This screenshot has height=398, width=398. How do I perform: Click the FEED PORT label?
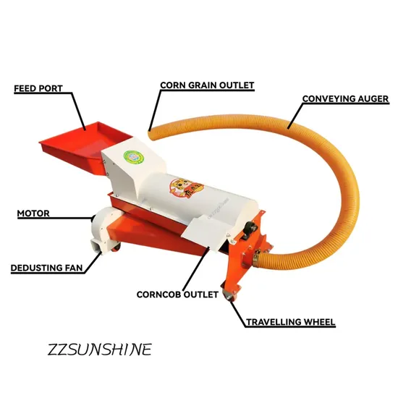click(x=38, y=88)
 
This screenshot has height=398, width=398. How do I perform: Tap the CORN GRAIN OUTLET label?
click(x=207, y=85)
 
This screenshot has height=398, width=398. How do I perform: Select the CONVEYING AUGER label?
click(x=345, y=98)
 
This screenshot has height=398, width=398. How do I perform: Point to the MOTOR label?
click(x=33, y=213)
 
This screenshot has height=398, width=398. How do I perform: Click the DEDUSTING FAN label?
click(x=47, y=268)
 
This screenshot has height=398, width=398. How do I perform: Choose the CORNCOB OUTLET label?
click(x=177, y=295)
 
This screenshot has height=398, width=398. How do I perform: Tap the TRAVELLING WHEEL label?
click(x=291, y=322)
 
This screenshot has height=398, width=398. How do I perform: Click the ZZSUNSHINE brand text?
click(x=100, y=350)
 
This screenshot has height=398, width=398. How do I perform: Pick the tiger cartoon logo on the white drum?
click(x=187, y=188)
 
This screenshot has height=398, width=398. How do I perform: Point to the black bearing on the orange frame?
click(x=249, y=229)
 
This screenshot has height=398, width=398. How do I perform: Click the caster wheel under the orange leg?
click(x=230, y=295)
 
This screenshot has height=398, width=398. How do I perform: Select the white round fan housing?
click(x=105, y=226)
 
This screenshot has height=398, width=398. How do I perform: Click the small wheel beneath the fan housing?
click(x=116, y=247)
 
